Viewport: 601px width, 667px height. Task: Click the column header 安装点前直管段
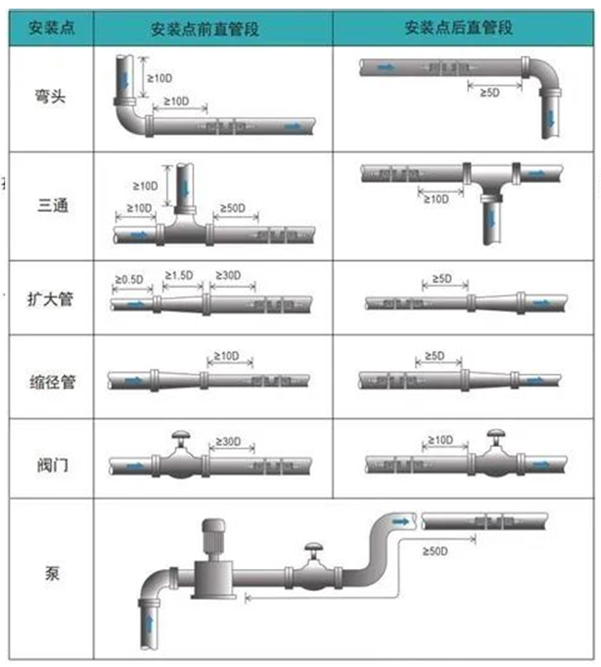click(x=204, y=28)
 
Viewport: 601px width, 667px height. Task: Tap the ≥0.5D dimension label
click(x=128, y=278)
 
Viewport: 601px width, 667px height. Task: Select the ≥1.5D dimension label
click(x=179, y=275)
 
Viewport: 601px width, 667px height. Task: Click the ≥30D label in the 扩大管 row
click(x=228, y=276)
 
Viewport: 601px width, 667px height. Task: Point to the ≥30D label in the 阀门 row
click(x=227, y=441)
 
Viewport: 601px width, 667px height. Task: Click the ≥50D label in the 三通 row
click(x=230, y=209)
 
